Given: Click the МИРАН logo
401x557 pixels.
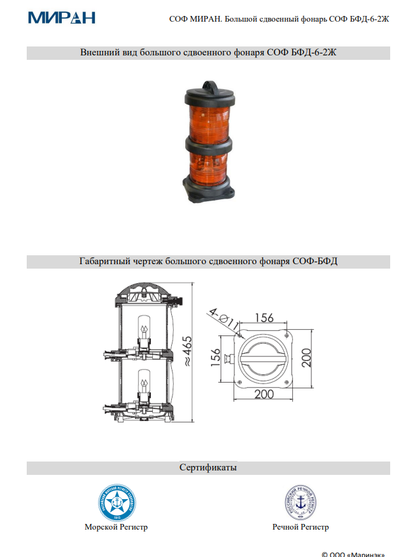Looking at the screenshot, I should point(61,17).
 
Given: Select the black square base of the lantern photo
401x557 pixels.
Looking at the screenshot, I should point(209,190).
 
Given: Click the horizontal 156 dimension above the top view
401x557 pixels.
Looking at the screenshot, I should point(265,318).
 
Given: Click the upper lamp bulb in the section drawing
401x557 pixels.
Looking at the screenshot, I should point(144,331).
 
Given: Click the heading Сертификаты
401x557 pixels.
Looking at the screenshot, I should point(208,468).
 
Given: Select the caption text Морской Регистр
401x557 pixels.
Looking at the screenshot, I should point(116,527).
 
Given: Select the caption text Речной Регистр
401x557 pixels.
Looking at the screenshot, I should point(300,527).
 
